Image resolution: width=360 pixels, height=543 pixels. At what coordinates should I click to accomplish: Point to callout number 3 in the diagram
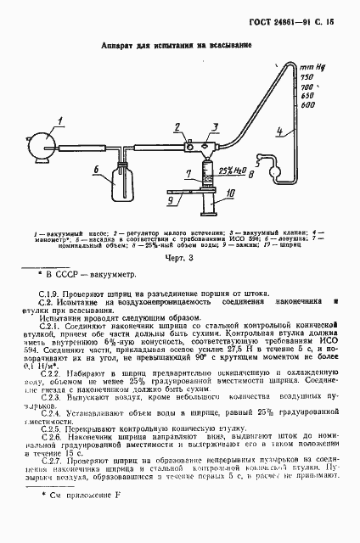[216, 126]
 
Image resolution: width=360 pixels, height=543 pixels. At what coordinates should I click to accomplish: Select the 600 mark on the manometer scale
[310, 105]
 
